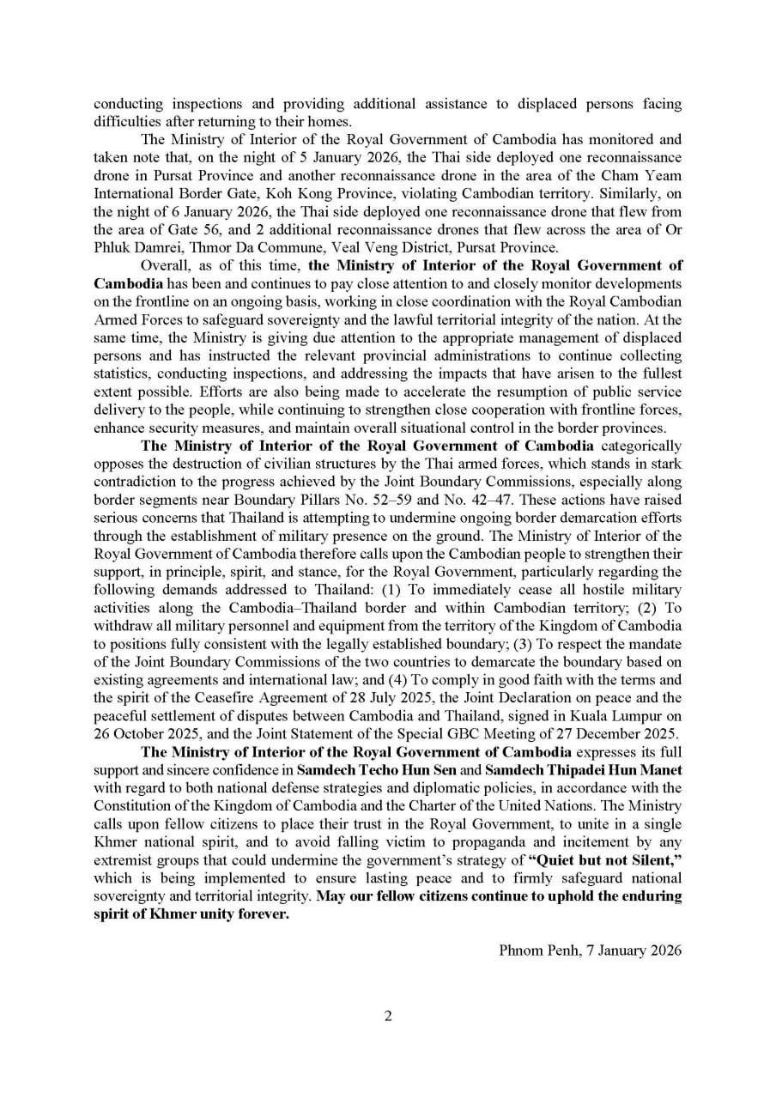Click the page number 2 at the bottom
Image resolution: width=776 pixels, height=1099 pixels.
coord(388,1016)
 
